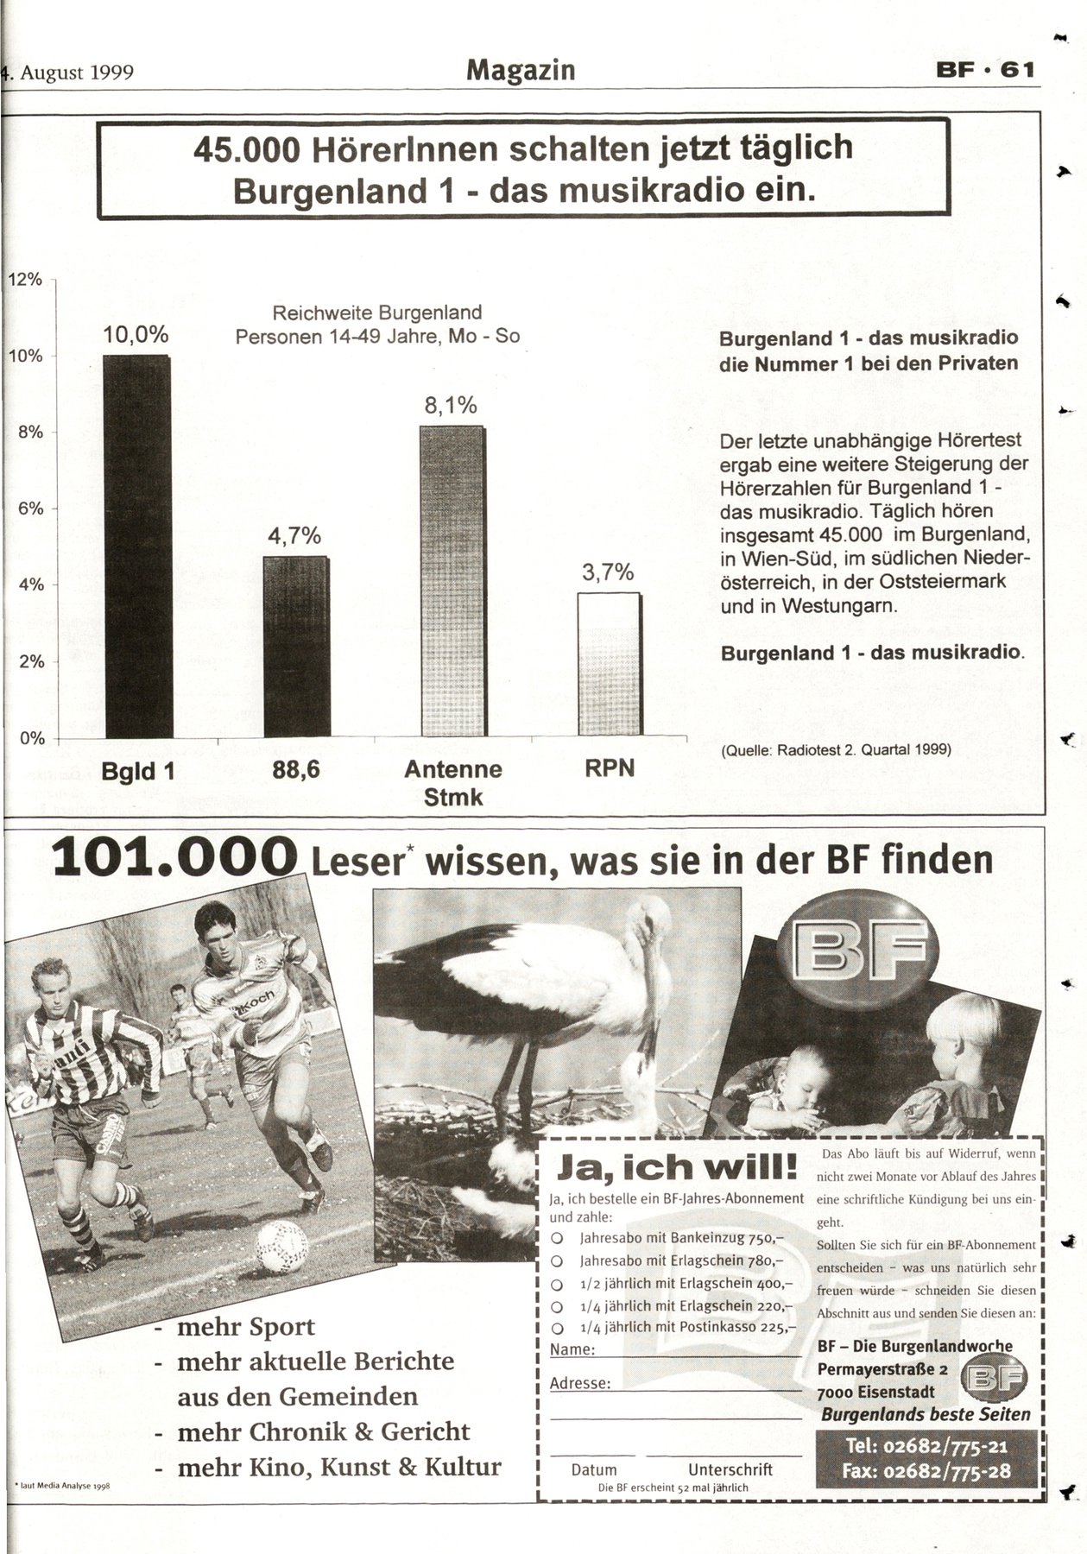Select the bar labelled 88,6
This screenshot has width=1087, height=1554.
point(296,647)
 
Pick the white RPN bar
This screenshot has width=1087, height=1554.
point(610,664)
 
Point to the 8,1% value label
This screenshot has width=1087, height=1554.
point(451,406)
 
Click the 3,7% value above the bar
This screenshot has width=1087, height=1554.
point(608,572)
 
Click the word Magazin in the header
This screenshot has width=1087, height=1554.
point(521,70)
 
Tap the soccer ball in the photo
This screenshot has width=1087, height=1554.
point(282,1247)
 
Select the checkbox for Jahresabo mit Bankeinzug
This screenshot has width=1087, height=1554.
point(557,1238)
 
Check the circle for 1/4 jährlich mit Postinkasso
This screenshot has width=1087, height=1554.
point(557,1328)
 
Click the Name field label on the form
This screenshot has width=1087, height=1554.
point(572,1349)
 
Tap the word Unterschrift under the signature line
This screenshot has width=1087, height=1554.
point(730,1469)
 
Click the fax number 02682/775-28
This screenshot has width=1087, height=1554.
point(926,1472)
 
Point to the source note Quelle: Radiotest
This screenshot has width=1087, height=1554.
point(835,750)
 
